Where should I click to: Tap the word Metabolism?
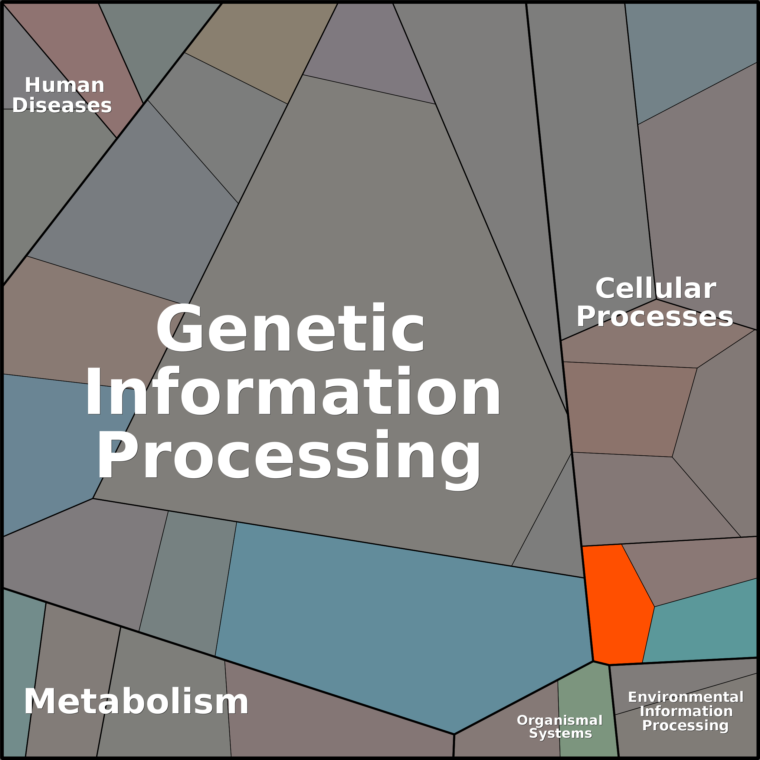(x=136, y=702)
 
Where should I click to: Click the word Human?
(x=64, y=85)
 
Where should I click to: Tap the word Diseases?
(x=62, y=105)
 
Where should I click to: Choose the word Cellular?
(x=656, y=288)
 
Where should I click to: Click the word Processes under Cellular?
(x=655, y=317)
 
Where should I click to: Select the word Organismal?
(x=559, y=720)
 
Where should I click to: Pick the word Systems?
(x=560, y=733)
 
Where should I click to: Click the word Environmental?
(x=686, y=697)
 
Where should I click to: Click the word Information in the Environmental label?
(x=686, y=711)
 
